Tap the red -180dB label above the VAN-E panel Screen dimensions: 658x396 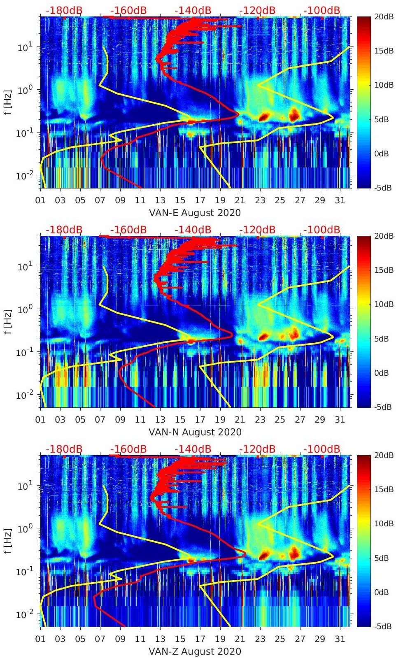64,10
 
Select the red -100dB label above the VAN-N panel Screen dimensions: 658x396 322,230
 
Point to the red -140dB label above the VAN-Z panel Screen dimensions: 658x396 193,449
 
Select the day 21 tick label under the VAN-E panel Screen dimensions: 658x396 240,200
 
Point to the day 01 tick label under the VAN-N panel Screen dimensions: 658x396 40,420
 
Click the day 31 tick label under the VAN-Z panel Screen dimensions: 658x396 340,639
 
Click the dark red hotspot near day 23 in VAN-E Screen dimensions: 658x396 263,117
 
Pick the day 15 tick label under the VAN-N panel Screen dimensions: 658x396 180,420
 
